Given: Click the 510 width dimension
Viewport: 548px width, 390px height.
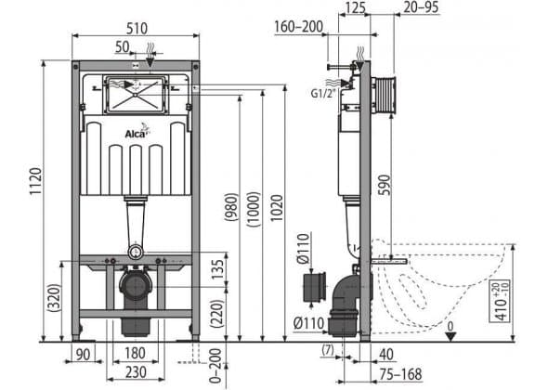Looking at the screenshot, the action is pyautogui.click(x=137, y=28).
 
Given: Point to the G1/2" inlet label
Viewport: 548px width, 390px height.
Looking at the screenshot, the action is pyautogui.click(x=323, y=93).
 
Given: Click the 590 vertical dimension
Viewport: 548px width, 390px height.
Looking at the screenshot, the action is pyautogui.click(x=384, y=185).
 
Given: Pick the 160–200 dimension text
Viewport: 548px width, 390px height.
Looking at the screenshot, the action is pyautogui.click(x=299, y=27).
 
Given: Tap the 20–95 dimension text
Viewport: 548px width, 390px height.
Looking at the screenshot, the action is pyautogui.click(x=421, y=7).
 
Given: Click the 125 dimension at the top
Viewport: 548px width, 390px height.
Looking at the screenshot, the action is pyautogui.click(x=355, y=7).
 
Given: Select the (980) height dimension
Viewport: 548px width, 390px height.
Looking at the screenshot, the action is pyautogui.click(x=231, y=207).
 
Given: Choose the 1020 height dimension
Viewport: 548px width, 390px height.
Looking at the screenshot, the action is pyautogui.click(x=277, y=208).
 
